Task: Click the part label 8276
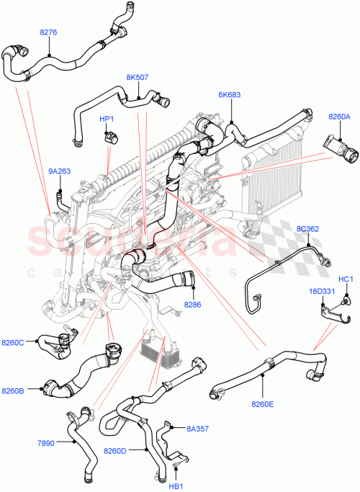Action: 48,32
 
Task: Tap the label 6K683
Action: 230,94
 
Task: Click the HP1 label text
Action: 107,118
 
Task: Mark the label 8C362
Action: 307,229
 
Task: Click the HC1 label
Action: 346,279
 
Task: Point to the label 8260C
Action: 33,342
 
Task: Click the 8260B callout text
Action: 33,390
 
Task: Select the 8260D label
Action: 115,451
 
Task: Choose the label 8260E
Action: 263,404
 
